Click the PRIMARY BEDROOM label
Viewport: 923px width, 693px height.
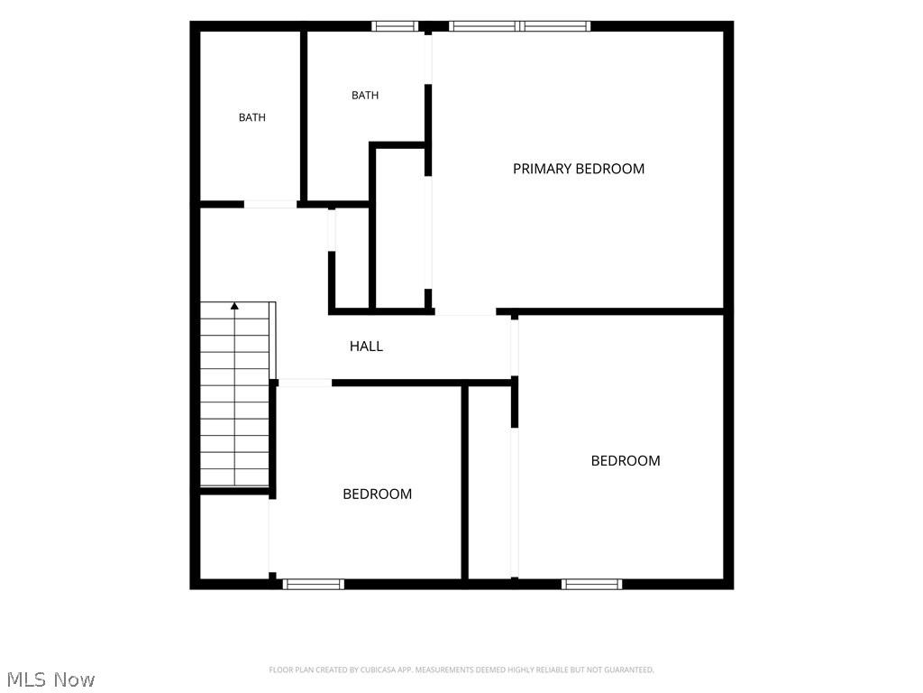[x=578, y=169]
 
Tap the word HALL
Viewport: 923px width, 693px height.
[x=366, y=346]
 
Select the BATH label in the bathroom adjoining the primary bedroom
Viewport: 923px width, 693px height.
[x=365, y=95]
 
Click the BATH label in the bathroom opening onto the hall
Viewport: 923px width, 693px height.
[x=252, y=117]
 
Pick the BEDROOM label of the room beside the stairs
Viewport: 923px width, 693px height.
[x=378, y=494]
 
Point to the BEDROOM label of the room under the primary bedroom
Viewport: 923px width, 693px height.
[x=626, y=461]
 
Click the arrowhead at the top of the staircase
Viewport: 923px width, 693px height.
[x=235, y=306]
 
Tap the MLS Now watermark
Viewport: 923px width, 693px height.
[x=50, y=679]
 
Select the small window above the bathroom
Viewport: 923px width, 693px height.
[x=395, y=26]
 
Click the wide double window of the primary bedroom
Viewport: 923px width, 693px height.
[x=520, y=26]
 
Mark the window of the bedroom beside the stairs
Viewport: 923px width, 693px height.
[x=313, y=584]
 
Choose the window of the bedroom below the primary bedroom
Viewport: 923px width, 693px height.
[x=591, y=584]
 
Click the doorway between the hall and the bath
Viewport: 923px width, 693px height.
[x=270, y=205]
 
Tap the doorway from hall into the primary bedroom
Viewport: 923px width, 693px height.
[x=465, y=311]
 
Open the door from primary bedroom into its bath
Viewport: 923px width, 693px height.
[x=428, y=58]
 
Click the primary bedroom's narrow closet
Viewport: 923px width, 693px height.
[x=399, y=228]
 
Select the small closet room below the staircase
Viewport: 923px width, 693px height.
[x=234, y=536]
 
